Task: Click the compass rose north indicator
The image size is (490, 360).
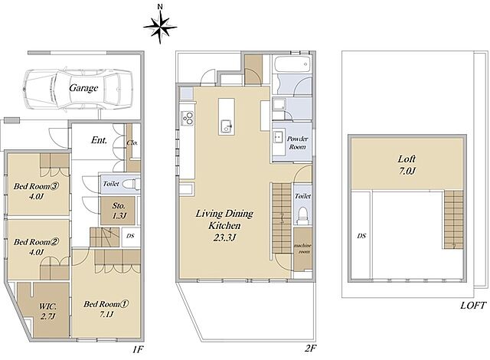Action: (160, 27)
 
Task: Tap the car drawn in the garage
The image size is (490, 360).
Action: (79, 88)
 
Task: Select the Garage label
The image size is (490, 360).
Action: (83, 88)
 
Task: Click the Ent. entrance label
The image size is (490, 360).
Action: (99, 140)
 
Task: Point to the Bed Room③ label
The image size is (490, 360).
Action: (36, 187)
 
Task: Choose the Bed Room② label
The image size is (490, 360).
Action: (36, 242)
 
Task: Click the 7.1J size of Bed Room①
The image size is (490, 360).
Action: (106, 314)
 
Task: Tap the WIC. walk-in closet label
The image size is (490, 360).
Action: (47, 306)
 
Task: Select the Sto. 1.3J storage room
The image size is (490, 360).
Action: (118, 211)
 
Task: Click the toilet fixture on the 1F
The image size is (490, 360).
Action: (129, 183)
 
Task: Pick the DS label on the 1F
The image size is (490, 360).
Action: (130, 236)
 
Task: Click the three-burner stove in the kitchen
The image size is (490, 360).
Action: (187, 118)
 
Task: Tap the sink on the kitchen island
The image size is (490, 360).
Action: (227, 126)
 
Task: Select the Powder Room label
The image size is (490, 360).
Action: (297, 142)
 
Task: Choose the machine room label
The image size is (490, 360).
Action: (302, 248)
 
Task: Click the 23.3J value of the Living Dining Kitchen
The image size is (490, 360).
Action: (224, 237)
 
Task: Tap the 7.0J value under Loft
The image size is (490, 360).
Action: (407, 171)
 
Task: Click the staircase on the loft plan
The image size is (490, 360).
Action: (452, 219)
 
